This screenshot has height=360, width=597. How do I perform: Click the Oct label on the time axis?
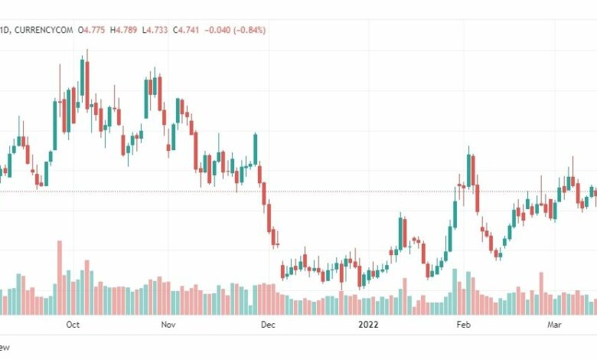point(73,325)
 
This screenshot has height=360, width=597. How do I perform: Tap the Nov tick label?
point(168,325)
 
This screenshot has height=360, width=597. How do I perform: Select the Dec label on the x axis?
point(267,325)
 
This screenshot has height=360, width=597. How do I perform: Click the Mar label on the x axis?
point(555,325)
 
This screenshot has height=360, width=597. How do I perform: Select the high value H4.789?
point(126,31)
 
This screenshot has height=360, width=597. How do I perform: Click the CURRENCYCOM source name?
point(44,31)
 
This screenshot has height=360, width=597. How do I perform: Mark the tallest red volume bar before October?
point(59,277)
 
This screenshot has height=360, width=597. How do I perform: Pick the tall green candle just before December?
point(255,149)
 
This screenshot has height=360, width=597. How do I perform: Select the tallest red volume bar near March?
point(541,293)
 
